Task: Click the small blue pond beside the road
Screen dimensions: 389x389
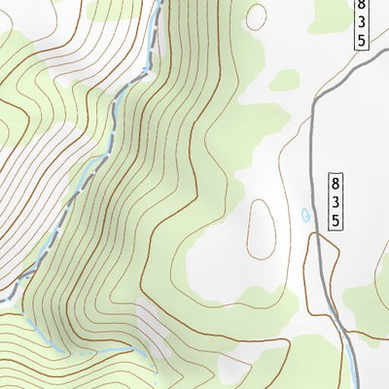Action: [x=306, y=214]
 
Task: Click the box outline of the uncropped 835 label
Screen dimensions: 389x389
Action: [x=327, y=200]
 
